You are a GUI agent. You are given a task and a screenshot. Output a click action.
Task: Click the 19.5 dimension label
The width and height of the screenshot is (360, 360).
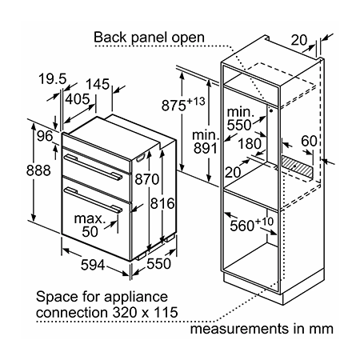tap(52, 78)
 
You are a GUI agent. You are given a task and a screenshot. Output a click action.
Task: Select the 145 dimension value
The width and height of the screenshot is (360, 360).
tap(98, 84)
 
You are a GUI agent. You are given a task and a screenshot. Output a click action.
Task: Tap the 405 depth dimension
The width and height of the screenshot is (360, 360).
tap(78, 99)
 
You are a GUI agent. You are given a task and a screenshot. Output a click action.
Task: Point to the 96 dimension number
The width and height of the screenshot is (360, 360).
tap(45, 136)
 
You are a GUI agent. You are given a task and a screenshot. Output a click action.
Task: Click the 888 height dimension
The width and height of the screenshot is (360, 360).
tap(38, 170)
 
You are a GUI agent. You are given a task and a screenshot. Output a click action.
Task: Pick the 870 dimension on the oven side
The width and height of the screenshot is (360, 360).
tap(147, 179)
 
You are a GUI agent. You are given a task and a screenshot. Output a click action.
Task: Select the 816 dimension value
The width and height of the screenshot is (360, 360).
tap(162, 203)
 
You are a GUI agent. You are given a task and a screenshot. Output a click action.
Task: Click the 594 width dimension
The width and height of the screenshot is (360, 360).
tap(93, 265)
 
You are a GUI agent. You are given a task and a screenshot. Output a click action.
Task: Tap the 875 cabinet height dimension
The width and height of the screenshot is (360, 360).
tap(183, 105)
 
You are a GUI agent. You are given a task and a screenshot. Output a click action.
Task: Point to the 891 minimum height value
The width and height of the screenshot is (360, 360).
tap(206, 148)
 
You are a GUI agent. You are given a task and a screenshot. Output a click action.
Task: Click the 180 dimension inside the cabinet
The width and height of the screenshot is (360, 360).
tap(250, 143)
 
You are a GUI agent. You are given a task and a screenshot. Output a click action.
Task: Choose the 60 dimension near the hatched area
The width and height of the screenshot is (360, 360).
tap(309, 141)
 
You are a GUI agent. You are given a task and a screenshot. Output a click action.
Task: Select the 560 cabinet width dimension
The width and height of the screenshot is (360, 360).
tap(252, 225)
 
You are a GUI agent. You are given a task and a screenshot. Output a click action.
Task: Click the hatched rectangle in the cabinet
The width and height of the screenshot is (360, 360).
tap(297, 167)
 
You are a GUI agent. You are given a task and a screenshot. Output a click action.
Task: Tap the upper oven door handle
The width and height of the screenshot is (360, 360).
tap(93, 166)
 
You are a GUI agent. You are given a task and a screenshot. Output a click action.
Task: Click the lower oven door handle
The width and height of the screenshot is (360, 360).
tap(94, 200)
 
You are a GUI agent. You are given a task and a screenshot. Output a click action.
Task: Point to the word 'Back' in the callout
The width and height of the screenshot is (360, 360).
tap(110, 37)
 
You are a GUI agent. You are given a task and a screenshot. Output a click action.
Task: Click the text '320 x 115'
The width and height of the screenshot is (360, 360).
tap(145, 312)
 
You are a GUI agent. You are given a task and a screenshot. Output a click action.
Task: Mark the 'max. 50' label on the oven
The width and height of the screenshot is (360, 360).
tap(90, 225)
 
